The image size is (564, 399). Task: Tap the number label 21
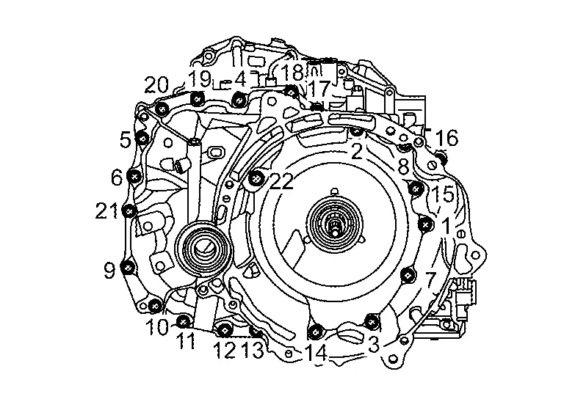[x=107, y=211]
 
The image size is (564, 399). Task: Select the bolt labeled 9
[x=129, y=267]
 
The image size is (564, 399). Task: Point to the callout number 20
[x=156, y=85]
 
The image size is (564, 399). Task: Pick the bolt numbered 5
[x=142, y=137]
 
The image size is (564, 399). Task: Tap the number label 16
[x=446, y=138]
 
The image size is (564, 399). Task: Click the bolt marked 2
[x=355, y=132]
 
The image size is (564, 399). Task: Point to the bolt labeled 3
[x=372, y=321]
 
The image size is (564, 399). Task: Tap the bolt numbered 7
[x=408, y=275]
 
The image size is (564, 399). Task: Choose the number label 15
[x=444, y=195]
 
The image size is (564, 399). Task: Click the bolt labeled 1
[x=424, y=223]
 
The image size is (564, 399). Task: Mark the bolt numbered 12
[x=225, y=327]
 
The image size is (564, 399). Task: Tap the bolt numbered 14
[x=314, y=329]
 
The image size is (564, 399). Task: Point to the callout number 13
[x=252, y=351]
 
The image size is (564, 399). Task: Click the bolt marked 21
[x=129, y=211]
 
